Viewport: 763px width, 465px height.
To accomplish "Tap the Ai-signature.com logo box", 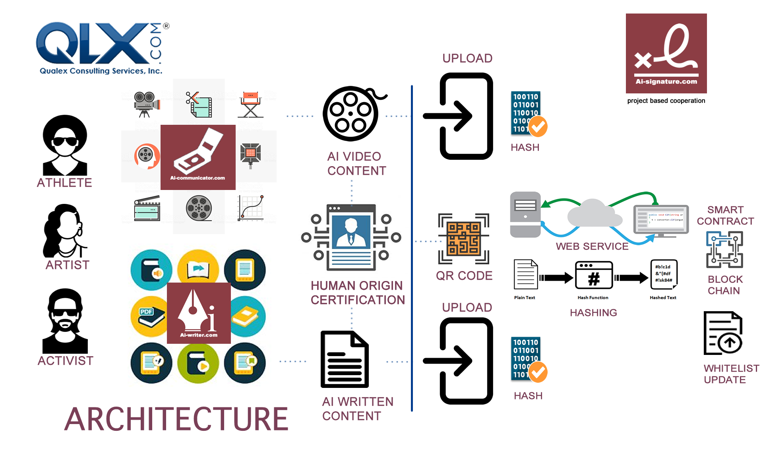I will (666, 53).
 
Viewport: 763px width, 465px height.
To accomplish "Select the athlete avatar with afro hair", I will (65, 145).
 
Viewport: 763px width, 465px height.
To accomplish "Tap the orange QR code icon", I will (463, 238).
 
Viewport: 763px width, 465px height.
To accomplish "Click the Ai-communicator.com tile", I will (198, 157).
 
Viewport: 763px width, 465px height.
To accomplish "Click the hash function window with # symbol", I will (594, 275).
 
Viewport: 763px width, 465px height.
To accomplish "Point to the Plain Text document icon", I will (525, 275).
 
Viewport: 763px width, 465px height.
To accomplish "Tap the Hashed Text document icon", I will (663, 274).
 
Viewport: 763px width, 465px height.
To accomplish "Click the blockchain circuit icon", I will (724, 250).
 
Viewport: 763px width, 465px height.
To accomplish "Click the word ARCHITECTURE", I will (176, 419).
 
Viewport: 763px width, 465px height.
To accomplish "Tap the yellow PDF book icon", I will (150, 316).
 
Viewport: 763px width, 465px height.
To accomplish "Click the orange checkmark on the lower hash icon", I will (538, 372).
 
